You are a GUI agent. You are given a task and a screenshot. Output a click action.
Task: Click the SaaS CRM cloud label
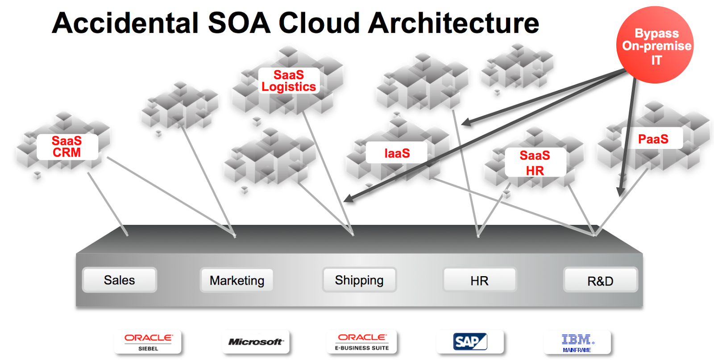coord(67,147)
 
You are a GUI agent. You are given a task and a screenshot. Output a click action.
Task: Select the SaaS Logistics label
coord(289,81)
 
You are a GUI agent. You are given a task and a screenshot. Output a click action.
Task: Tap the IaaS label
coord(397,153)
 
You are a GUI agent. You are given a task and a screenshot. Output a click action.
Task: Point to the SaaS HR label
coord(535,163)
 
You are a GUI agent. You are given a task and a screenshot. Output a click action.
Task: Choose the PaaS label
coord(653,139)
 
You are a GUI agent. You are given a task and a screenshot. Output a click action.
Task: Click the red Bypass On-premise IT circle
coord(655,45)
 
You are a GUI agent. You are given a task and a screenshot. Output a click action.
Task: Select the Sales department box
coord(120,280)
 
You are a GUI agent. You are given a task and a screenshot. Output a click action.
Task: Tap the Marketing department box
coord(237,281)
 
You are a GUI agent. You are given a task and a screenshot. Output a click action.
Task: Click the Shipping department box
coord(359,280)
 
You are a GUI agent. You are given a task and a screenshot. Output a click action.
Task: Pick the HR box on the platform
coord(480,281)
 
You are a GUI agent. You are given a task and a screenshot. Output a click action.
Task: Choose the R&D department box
coord(600,281)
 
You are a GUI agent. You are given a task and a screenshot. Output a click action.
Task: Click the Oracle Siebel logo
coord(148,342)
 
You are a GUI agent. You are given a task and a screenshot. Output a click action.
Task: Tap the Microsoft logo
coord(256,342)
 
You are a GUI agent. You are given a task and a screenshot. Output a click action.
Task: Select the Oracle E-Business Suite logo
coord(362,342)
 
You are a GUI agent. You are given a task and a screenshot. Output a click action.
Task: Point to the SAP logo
coord(470,342)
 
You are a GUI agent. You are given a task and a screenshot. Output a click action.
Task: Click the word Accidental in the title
coord(125,23)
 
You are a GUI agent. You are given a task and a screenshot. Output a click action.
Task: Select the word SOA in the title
coord(239,23)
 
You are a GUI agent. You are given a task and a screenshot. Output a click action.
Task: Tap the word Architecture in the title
coord(454,23)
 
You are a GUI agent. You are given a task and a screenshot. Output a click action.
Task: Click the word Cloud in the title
coord(319,23)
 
